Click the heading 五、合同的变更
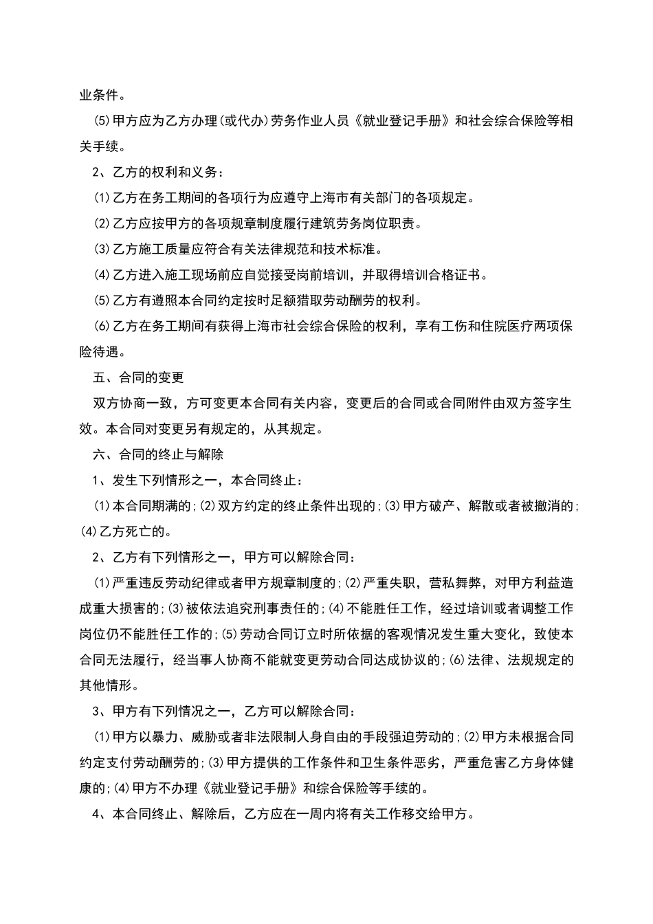point(138,377)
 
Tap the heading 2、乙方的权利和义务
point(157,172)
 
